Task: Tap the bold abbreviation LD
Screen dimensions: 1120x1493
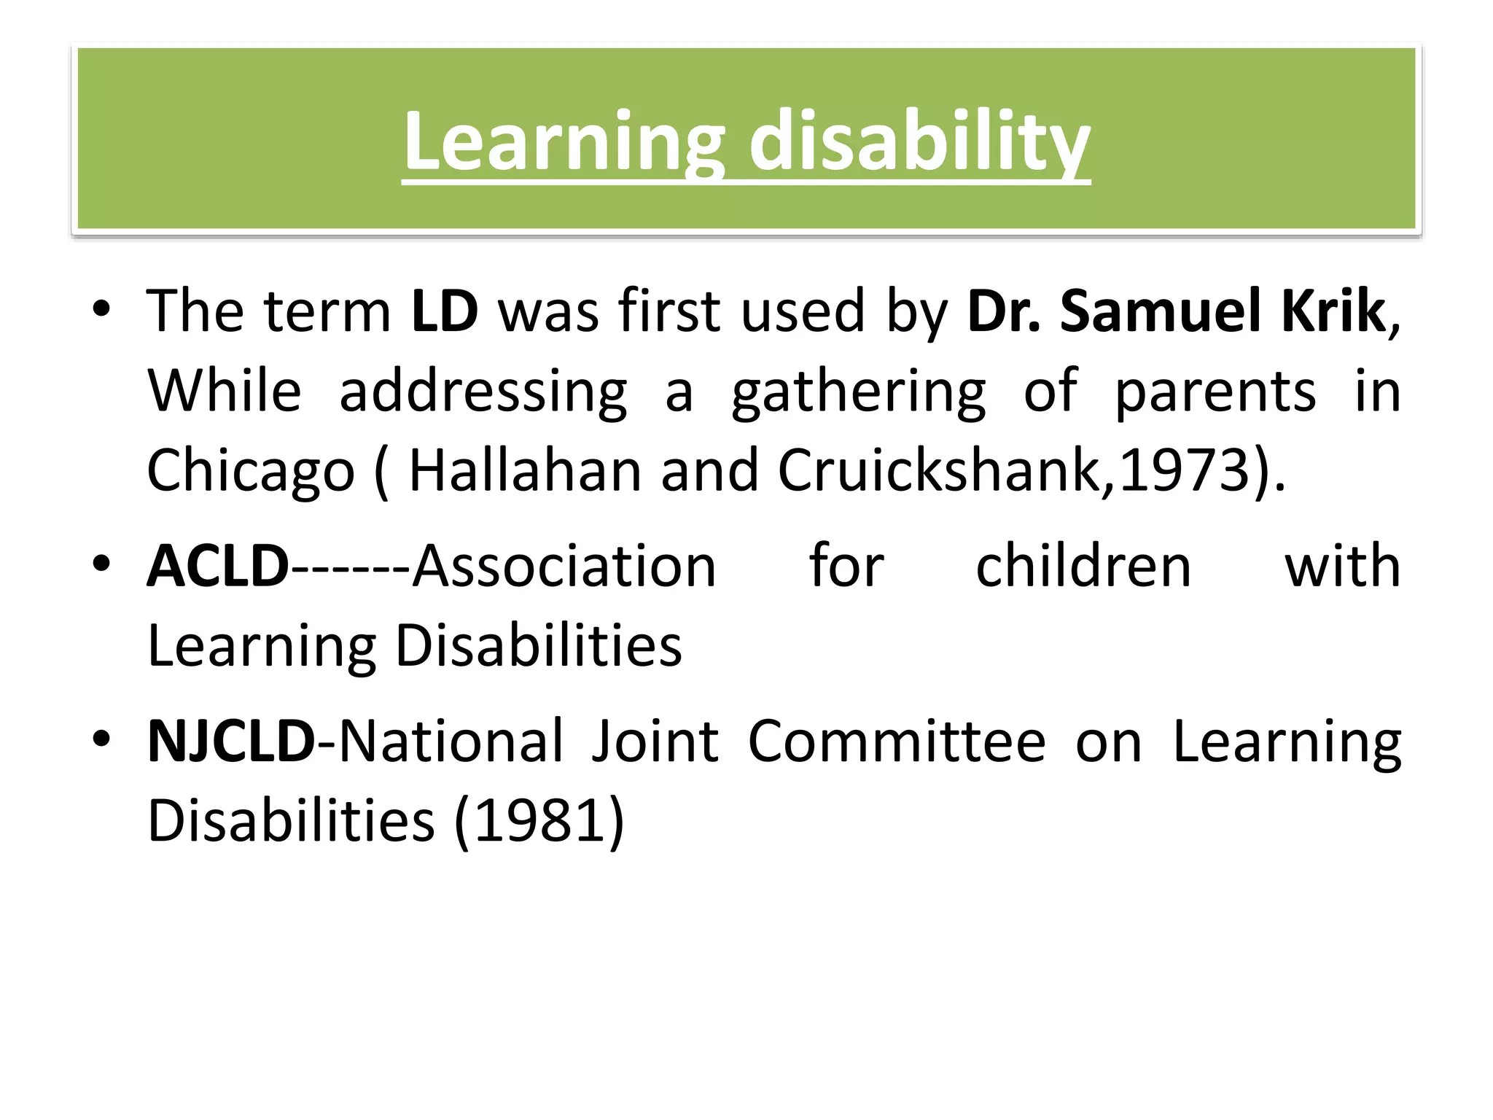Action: (x=444, y=311)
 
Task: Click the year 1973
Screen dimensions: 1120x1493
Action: (x=1184, y=470)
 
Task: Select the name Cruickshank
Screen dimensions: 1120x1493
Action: (x=946, y=470)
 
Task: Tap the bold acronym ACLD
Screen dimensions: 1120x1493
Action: (x=218, y=567)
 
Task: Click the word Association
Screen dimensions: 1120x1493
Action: (x=564, y=567)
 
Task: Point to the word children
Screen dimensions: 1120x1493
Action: (x=1083, y=567)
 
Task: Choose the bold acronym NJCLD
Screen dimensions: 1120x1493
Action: (x=231, y=742)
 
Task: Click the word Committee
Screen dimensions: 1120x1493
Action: (x=897, y=742)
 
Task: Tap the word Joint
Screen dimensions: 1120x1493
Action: (x=654, y=742)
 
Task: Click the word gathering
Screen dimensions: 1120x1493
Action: (x=858, y=392)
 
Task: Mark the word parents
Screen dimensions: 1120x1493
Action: (x=1215, y=392)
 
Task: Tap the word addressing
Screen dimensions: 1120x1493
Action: (x=483, y=392)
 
